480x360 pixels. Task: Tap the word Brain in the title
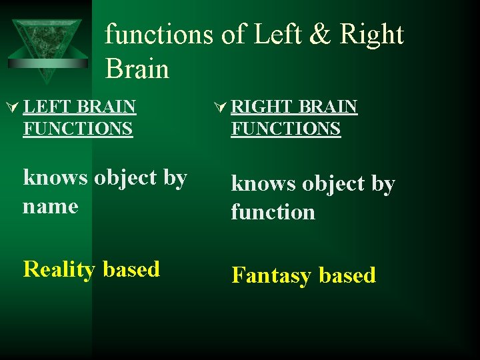click(x=137, y=68)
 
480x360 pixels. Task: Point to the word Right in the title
click(x=371, y=35)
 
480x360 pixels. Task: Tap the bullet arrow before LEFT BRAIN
click(x=12, y=107)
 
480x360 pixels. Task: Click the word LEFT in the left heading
click(x=47, y=107)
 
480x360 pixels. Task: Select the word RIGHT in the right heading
click(x=261, y=107)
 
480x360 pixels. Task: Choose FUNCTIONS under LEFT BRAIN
click(x=77, y=128)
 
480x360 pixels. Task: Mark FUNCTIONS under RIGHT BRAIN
click(x=285, y=128)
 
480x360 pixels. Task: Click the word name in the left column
click(x=51, y=207)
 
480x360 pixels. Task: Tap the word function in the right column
click(x=273, y=212)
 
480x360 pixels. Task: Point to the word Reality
click(x=59, y=270)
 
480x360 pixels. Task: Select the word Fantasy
click(x=273, y=276)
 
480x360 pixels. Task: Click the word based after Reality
click(x=131, y=269)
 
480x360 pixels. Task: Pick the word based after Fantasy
click(x=347, y=275)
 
